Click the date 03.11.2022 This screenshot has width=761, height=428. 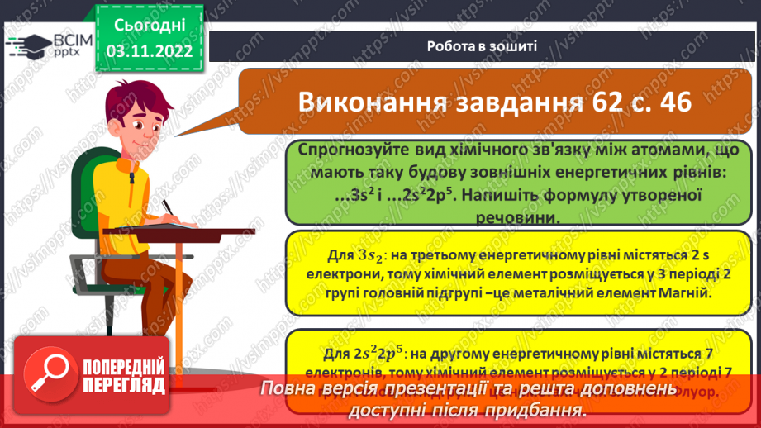150,50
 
